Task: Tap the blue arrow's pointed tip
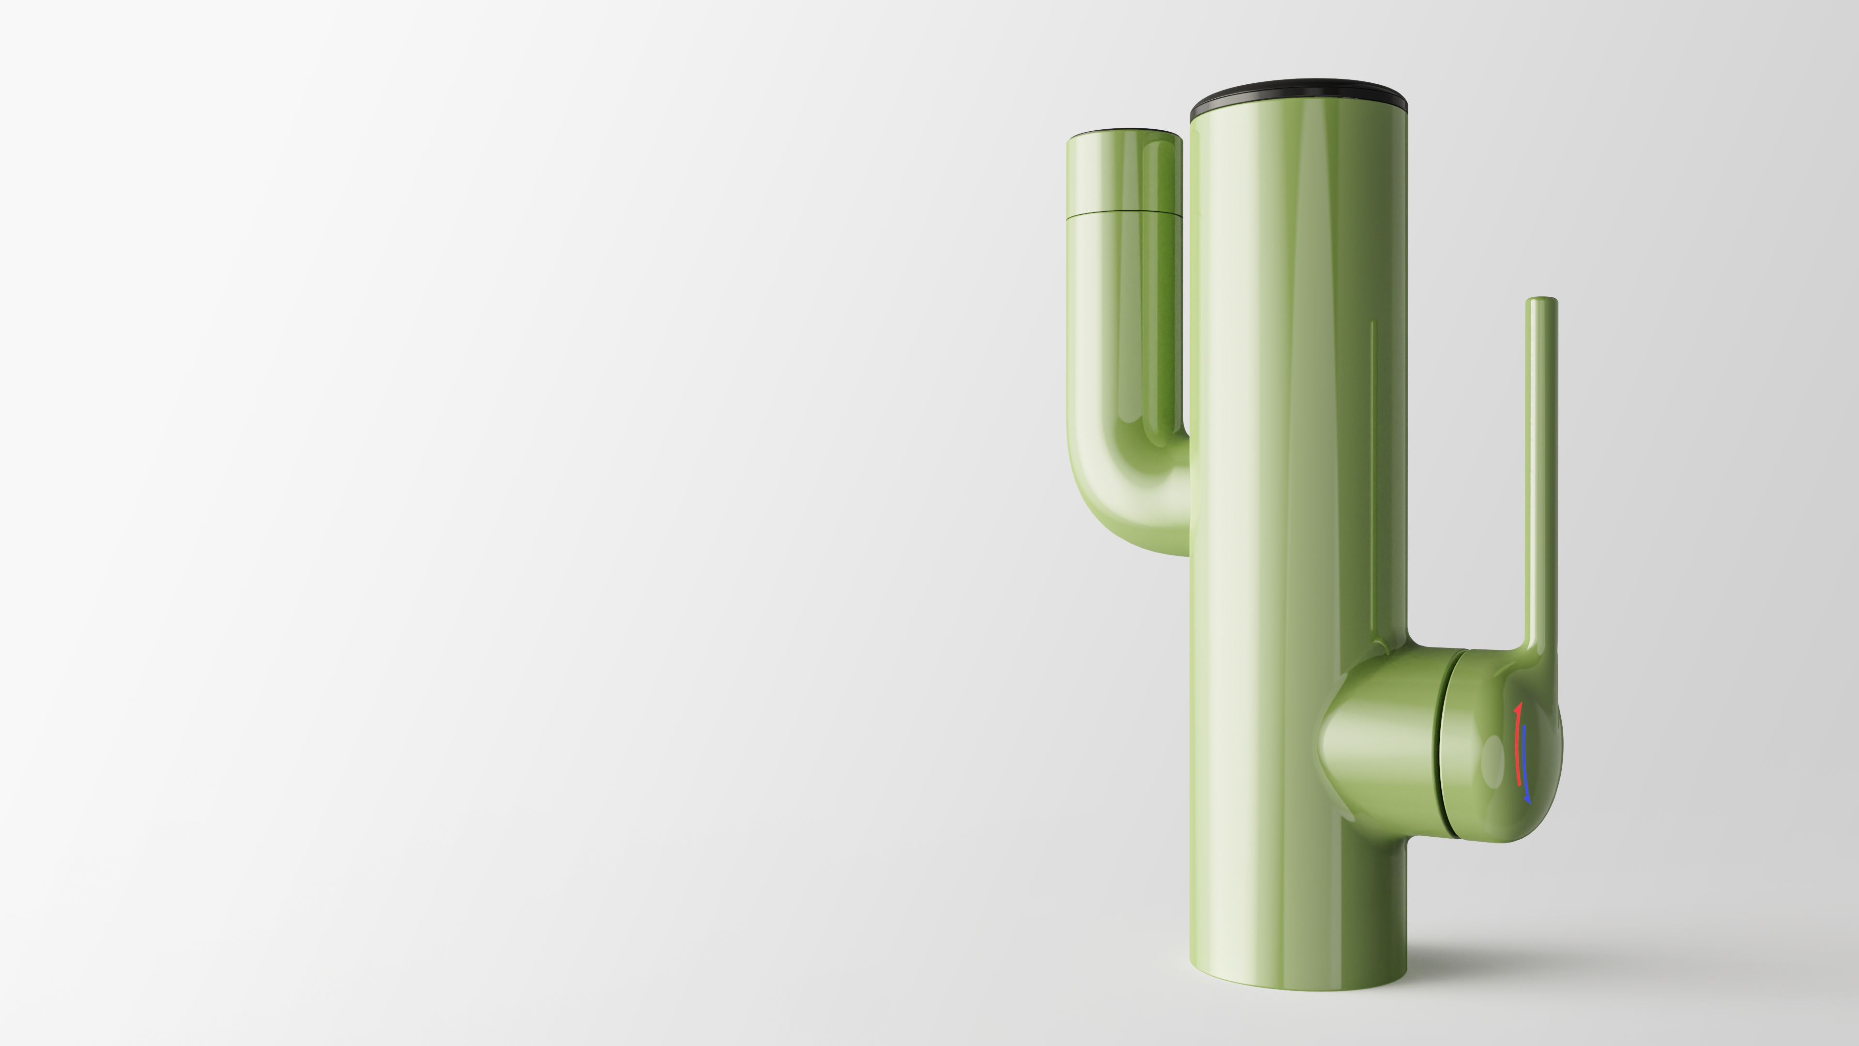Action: click(1528, 800)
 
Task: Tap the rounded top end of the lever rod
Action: click(1541, 300)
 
